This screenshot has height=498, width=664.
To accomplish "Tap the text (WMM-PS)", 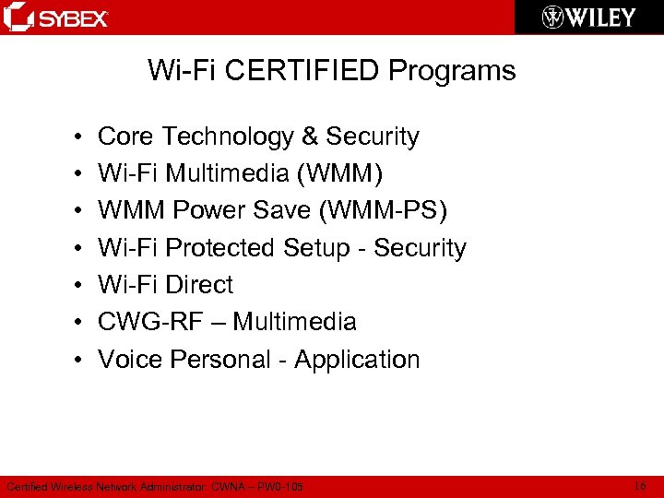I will [x=383, y=211].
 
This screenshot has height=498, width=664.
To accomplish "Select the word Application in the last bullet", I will [x=357, y=359].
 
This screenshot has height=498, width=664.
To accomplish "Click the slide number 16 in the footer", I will [x=641, y=485].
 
